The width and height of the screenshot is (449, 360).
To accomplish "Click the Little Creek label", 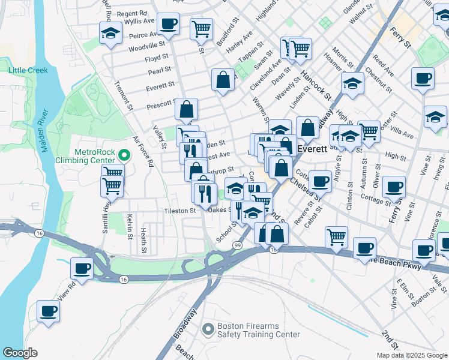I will [x=28, y=70].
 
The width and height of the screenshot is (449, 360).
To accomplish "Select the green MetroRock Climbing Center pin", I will [x=124, y=155].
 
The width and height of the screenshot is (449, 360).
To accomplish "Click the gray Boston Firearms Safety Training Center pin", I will [x=208, y=329].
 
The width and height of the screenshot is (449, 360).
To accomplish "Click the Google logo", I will [x=20, y=353].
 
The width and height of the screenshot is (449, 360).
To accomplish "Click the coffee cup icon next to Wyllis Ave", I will [x=169, y=23].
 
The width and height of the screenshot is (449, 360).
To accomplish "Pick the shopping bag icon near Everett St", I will [x=223, y=79].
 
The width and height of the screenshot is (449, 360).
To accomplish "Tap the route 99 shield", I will [x=238, y=245].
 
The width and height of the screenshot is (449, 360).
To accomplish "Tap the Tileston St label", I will [x=180, y=211].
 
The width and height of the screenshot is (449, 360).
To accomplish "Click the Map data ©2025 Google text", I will [x=412, y=355].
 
